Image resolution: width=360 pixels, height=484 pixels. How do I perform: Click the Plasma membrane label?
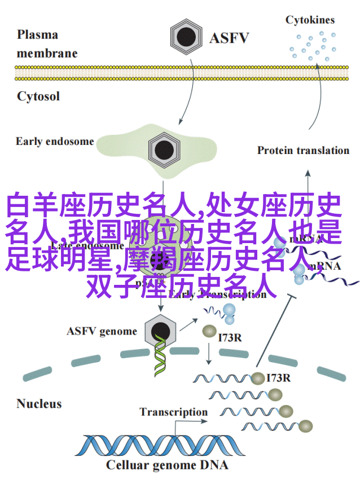pyautogui.click(x=45, y=43)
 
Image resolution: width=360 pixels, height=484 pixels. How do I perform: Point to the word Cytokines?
pyautogui.click(x=310, y=20)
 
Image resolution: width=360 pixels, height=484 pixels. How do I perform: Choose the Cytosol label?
pyautogui.click(x=38, y=95)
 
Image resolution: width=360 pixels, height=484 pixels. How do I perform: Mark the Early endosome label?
pyautogui.click(x=55, y=141)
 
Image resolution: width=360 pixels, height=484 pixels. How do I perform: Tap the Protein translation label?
pyautogui.click(x=303, y=150)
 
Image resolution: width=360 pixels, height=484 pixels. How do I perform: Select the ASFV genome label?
pyautogui.click(x=102, y=331)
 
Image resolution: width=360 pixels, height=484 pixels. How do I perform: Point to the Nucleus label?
pyautogui.click(x=38, y=403)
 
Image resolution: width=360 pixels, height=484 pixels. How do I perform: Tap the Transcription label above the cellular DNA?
pyautogui.click(x=174, y=411)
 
